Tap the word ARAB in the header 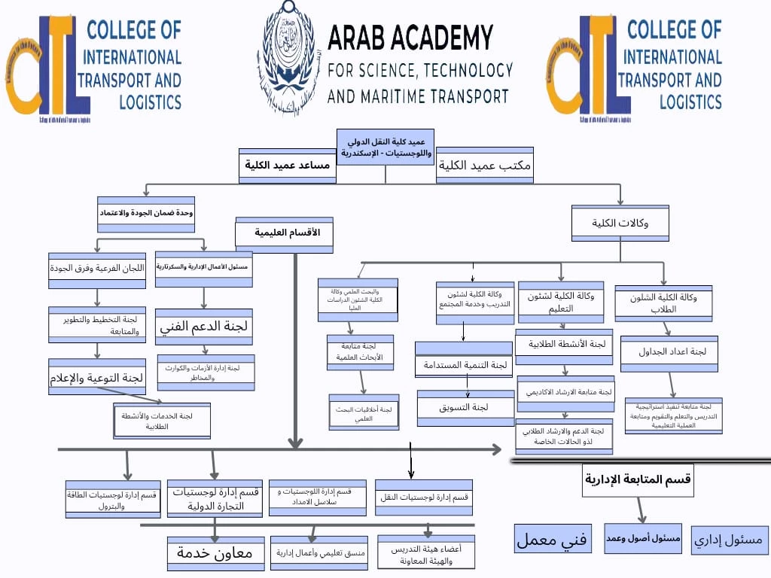tap(361, 38)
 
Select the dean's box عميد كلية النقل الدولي tap(385, 146)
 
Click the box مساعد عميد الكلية tap(287, 166)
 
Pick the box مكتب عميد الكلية tap(485, 165)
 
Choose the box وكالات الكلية tap(620, 223)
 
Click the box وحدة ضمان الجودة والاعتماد tap(146, 212)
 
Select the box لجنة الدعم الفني tap(204, 327)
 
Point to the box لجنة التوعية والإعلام tap(97, 377)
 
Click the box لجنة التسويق tap(465, 406)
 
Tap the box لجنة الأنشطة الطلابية tap(564, 344)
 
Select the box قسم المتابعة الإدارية tap(638, 479)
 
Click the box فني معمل tap(553, 539)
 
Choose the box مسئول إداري tap(728, 539)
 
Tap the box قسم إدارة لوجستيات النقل tap(424, 497)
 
